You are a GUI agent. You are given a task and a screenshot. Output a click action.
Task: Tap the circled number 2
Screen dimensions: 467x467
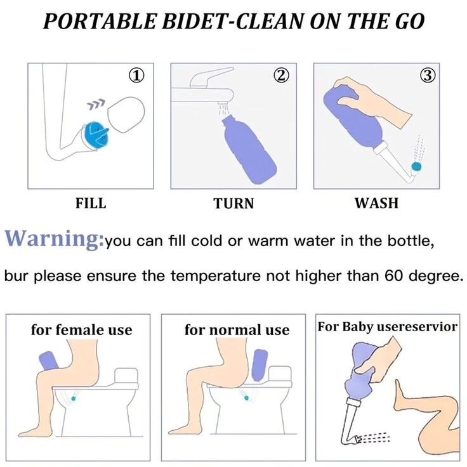pyautogui.click(x=281, y=76)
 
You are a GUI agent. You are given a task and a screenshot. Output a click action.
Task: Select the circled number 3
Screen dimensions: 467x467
pyautogui.click(x=427, y=76)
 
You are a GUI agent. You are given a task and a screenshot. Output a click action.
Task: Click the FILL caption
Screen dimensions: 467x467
pyautogui.click(x=91, y=204)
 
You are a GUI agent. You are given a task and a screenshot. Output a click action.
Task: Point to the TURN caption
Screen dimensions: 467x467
pyautogui.click(x=233, y=204)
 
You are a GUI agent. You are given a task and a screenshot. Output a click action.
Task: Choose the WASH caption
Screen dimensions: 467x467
pyautogui.click(x=376, y=204)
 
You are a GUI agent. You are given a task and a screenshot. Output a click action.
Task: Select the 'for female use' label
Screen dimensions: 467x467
pyautogui.click(x=82, y=329)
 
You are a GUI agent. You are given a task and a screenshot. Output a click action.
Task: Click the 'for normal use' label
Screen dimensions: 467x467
pyautogui.click(x=237, y=330)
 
